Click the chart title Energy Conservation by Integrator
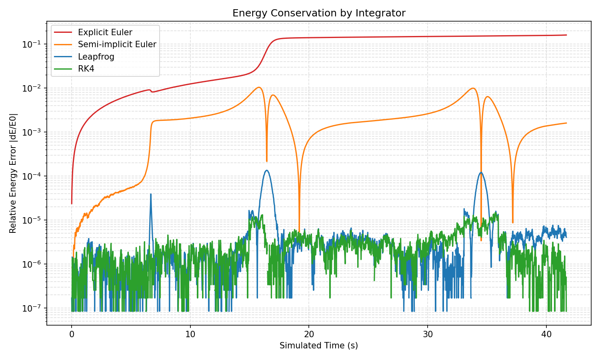319,13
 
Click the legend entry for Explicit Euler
105,32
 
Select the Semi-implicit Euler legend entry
117,44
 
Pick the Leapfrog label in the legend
96,57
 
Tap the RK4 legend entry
86,69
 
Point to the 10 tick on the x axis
190,334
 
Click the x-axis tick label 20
309,334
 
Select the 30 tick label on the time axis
428,334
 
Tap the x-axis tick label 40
546,334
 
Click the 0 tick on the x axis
72,334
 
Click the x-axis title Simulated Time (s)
319,346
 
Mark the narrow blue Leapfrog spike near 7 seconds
151,194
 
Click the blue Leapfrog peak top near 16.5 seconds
267,170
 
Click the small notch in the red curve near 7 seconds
152,92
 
